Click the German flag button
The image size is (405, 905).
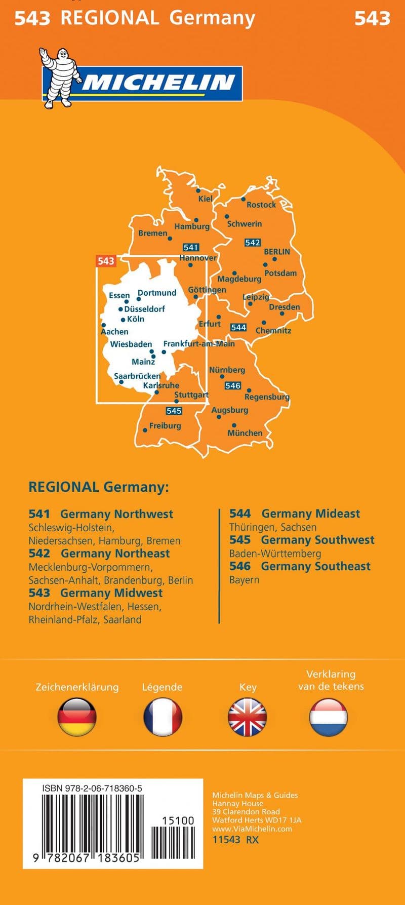pos(77,717)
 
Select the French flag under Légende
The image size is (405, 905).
pos(163,717)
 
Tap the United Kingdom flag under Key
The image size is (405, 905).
pos(247,717)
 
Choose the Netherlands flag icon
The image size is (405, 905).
pos(329,717)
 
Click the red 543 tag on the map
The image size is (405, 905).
pos(106,261)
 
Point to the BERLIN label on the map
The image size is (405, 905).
pos(277,252)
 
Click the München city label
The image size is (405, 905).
pos(245,433)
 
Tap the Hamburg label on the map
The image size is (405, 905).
pos(192,226)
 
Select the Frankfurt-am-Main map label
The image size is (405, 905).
pos(199,343)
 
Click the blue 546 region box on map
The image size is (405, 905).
pos(233,385)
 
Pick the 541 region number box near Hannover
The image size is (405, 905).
pos(191,247)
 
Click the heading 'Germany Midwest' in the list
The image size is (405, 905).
pos(111,593)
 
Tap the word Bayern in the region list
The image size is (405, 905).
pos(244,580)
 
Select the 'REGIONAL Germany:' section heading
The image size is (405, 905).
pos(98,487)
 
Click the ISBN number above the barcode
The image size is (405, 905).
pos(92,789)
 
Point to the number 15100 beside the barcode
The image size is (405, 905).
pos(178,820)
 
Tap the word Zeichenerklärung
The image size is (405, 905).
pos(77,687)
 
